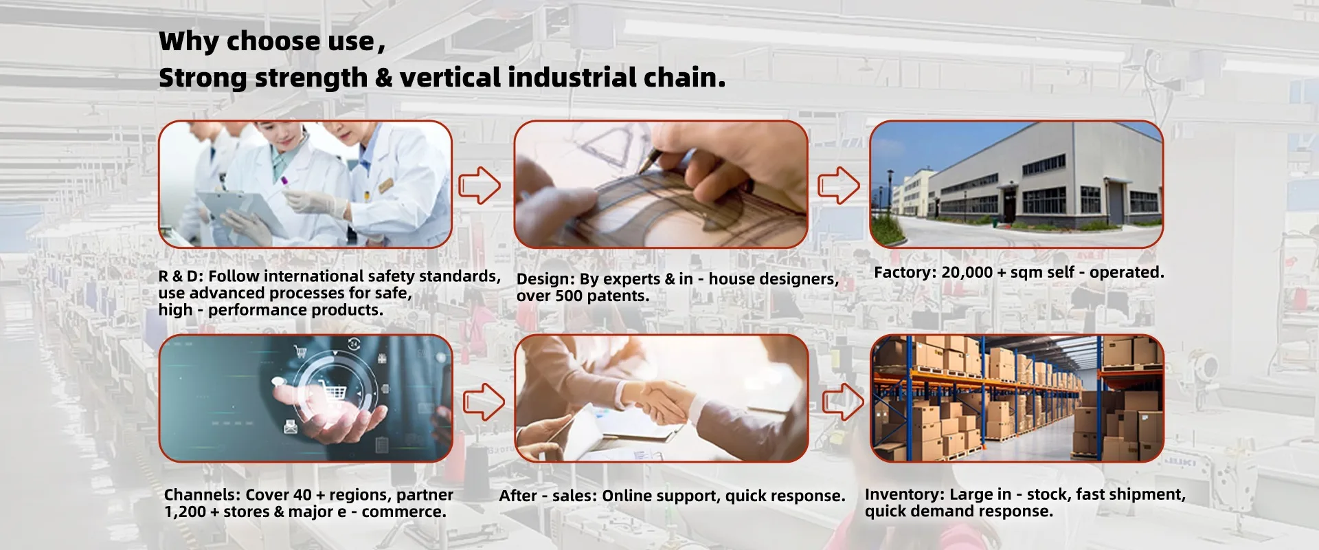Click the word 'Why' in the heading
tap(189, 42)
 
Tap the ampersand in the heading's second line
tap(383, 78)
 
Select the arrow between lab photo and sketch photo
tap(480, 185)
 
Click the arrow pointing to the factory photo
tap(838, 185)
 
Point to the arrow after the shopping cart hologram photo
tap(484, 401)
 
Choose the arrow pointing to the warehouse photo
tap(844, 401)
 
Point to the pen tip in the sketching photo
tap(640, 171)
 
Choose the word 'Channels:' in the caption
tap(202, 495)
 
